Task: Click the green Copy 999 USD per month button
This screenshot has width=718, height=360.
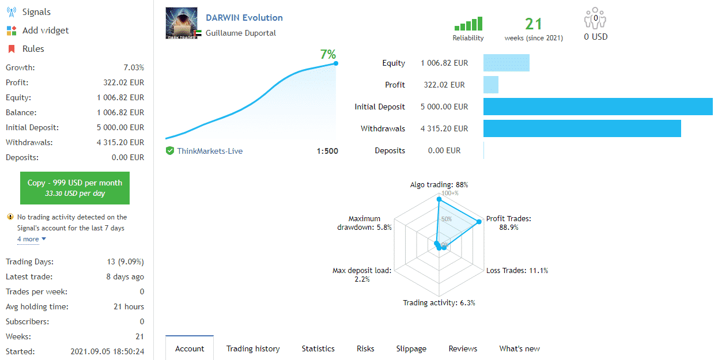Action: (x=75, y=188)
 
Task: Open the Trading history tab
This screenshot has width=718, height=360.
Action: (x=253, y=348)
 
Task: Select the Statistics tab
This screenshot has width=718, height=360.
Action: (x=318, y=348)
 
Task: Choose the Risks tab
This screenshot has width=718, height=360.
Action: (x=365, y=348)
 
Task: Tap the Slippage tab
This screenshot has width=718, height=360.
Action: (x=411, y=348)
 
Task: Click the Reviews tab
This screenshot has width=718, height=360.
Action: (x=463, y=348)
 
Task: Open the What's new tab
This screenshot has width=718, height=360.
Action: (x=519, y=348)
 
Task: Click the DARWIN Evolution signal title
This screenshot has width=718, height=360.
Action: (x=244, y=18)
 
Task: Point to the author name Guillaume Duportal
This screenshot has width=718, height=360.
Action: (x=241, y=33)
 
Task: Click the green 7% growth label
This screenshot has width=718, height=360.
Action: (x=328, y=55)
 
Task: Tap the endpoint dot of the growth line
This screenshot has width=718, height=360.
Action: (x=336, y=63)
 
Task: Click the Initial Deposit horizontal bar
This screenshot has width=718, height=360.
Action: (x=598, y=107)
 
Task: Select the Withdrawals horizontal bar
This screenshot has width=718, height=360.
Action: (x=582, y=128)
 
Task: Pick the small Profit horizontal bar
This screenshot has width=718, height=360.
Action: (x=491, y=85)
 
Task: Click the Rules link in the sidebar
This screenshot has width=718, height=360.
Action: (x=33, y=49)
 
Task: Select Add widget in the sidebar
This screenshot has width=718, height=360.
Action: (x=45, y=31)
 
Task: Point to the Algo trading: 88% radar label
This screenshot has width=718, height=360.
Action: (x=439, y=185)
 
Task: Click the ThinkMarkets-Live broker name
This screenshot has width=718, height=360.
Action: (x=210, y=151)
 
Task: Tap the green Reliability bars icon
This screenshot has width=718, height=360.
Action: (x=468, y=24)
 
